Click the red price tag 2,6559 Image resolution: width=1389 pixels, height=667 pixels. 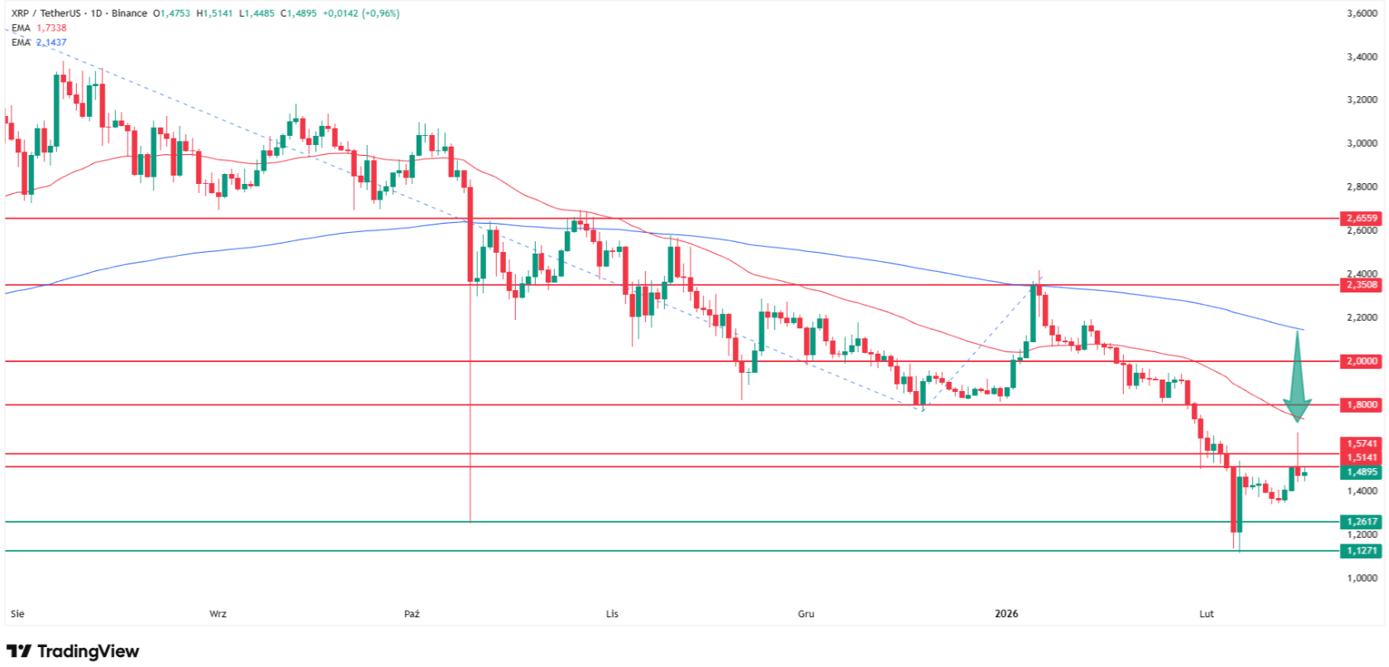click(1361, 219)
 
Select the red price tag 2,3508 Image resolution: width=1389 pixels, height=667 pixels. click(1361, 285)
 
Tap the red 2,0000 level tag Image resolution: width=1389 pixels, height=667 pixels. click(1361, 361)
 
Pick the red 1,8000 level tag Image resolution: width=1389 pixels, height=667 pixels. click(1361, 405)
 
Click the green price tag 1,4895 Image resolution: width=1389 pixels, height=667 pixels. click(1361, 472)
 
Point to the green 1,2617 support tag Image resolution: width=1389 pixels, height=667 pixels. click(1361, 522)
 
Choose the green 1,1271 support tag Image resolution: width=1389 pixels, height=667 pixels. click(1361, 551)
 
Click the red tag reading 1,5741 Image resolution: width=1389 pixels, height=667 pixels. click(1361, 444)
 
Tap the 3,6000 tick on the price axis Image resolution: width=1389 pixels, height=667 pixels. click(1362, 13)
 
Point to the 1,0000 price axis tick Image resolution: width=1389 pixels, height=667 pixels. click(1362, 578)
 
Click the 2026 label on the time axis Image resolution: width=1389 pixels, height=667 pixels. click(1006, 614)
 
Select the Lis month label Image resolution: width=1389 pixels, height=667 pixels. click(612, 614)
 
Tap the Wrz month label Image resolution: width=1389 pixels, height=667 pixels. click(218, 614)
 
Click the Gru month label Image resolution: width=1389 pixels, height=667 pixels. click(806, 614)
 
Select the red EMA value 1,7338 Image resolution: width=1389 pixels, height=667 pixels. click(51, 28)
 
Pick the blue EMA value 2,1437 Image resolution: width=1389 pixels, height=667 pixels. click(51, 42)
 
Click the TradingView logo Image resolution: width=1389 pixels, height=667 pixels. click(73, 651)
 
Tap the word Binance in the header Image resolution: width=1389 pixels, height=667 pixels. click(129, 13)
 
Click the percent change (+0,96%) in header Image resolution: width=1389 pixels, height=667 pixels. click(380, 13)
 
